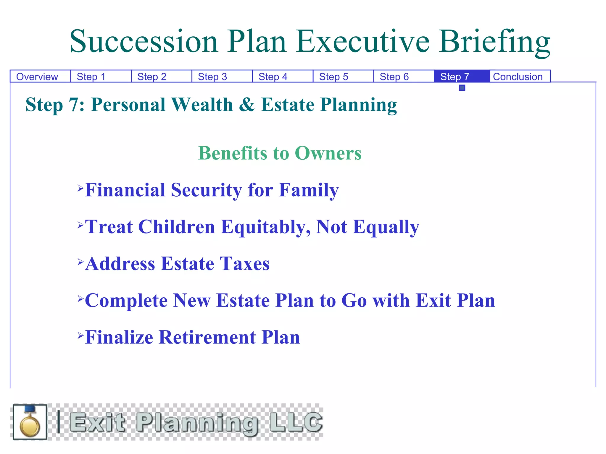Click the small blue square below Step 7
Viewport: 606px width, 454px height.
click(462, 88)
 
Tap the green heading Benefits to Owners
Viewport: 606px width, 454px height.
click(280, 153)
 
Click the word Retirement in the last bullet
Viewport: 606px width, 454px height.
click(207, 338)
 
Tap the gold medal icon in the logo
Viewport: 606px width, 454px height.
click(30, 423)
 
